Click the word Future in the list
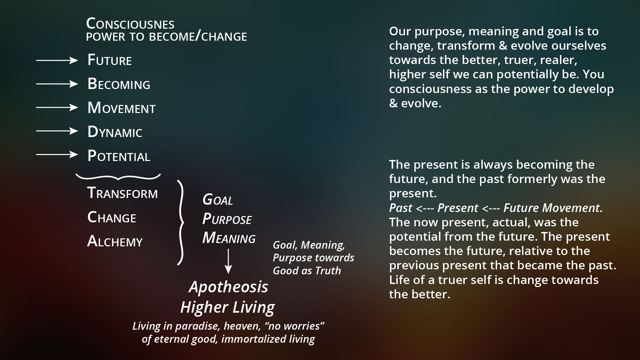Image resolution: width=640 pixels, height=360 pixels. (110, 60)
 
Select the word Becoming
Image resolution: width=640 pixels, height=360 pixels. (119, 84)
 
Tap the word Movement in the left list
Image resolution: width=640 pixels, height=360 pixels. (121, 108)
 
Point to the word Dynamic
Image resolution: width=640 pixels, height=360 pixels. (115, 132)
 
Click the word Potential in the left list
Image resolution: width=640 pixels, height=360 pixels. (119, 156)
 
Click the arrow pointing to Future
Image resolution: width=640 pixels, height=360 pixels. (57, 60)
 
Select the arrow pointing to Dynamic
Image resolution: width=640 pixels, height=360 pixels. (57, 131)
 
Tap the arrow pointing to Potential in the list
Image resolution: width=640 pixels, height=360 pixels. (57, 155)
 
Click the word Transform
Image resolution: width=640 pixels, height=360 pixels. (122, 193)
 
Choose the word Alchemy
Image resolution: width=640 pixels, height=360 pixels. (115, 241)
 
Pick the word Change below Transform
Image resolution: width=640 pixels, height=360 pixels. (112, 217)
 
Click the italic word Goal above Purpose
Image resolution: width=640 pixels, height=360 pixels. (218, 200)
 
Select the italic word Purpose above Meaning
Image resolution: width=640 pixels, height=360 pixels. (227, 219)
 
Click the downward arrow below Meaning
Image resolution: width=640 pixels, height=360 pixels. (228, 262)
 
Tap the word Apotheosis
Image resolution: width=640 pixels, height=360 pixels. (228, 287)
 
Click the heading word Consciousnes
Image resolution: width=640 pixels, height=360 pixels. (130, 24)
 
